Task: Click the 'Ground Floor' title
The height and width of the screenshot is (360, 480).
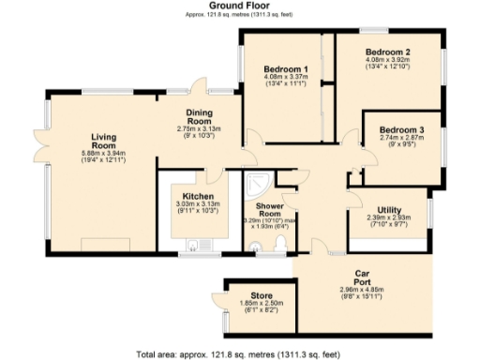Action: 239,7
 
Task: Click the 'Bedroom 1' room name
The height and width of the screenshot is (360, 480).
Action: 286,70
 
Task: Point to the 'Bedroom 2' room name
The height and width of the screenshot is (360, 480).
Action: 387,51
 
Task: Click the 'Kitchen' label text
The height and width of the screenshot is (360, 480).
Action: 196,197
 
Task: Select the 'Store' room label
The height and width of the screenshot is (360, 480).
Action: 248,295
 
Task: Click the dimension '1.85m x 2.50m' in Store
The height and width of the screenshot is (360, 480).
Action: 248,304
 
